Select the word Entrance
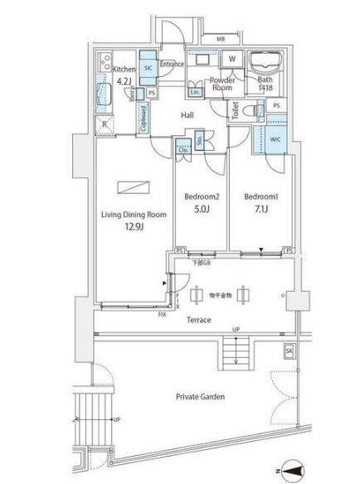click(x=172, y=64)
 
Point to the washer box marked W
click(x=232, y=60)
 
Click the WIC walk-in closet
click(x=275, y=139)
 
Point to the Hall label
click(x=187, y=116)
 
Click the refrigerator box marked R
click(x=105, y=125)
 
